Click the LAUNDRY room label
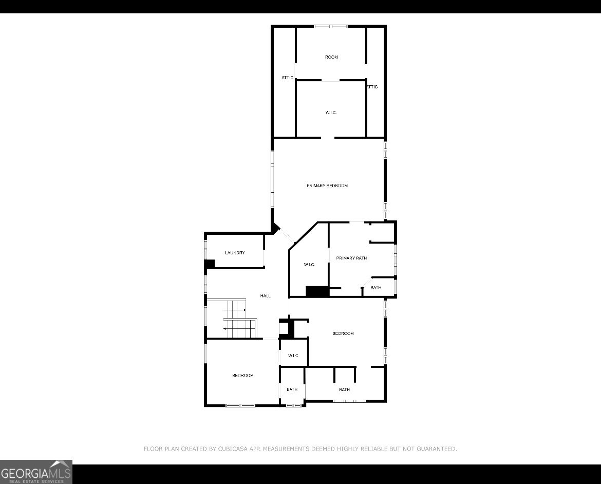click(x=235, y=253)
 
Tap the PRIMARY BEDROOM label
click(x=327, y=185)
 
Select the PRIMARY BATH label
click(x=351, y=258)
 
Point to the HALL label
click(x=265, y=296)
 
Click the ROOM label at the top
click(x=331, y=57)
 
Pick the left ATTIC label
click(x=288, y=78)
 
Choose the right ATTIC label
click(x=372, y=87)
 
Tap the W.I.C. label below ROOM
click(x=331, y=113)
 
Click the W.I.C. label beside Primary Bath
click(x=309, y=265)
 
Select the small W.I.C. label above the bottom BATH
click(x=293, y=356)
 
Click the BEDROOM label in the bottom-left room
click(x=243, y=376)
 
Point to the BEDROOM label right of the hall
click(x=343, y=333)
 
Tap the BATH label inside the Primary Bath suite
click(x=376, y=288)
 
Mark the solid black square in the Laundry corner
click(x=210, y=264)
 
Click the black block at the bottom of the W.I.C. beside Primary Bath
click(x=317, y=291)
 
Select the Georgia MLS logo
click(x=36, y=472)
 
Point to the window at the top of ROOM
click(x=331, y=26)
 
